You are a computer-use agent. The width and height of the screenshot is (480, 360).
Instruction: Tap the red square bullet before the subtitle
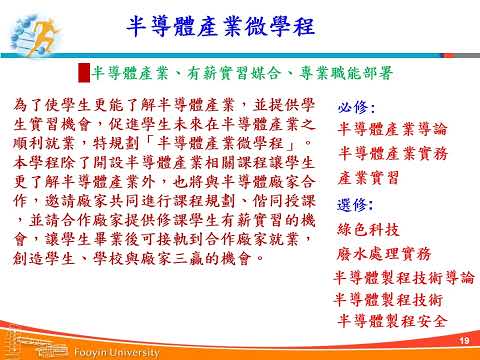[x=84, y=73]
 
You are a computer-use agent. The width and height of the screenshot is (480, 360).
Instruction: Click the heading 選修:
[x=355, y=205]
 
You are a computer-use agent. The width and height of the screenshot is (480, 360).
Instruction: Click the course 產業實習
[x=370, y=179]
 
